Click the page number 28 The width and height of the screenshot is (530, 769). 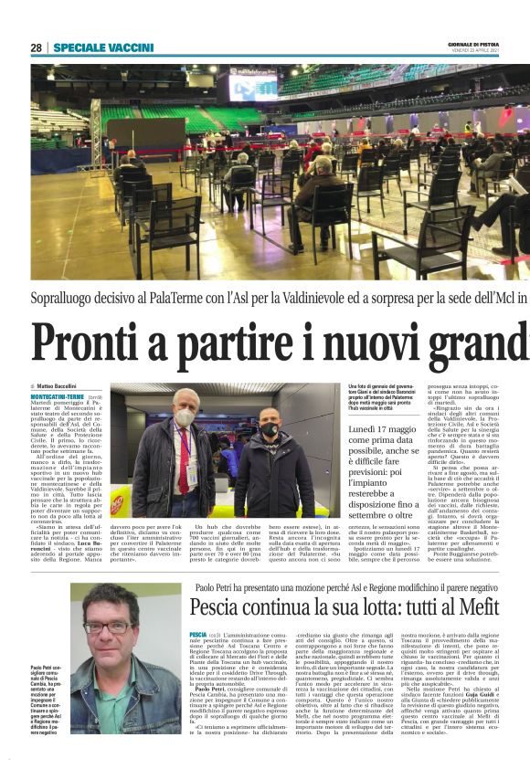click(37, 47)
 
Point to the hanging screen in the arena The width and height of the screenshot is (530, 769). click(252, 87)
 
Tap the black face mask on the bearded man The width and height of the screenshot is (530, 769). click(267, 429)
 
